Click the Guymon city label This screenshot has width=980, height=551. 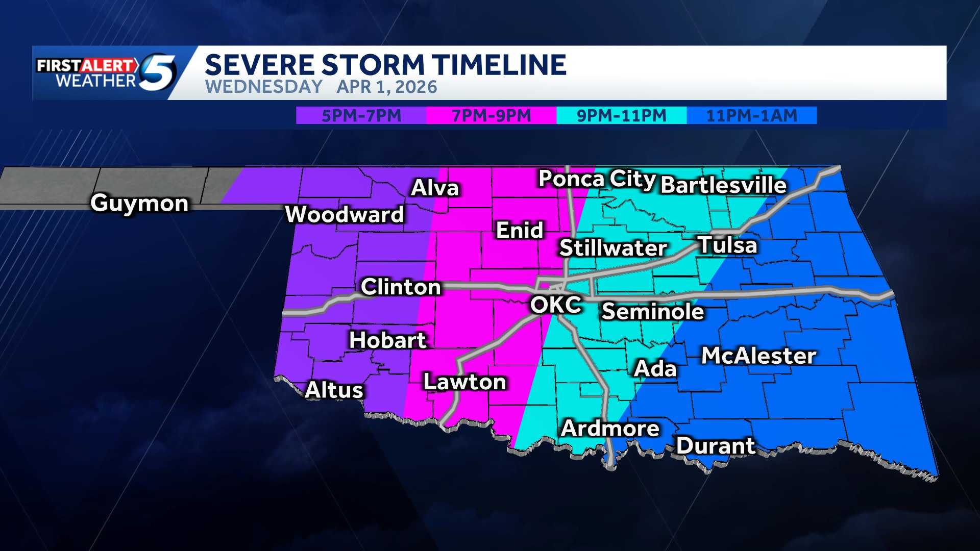pos(139,204)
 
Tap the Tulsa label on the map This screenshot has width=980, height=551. pos(727,245)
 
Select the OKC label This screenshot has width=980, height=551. pos(555,305)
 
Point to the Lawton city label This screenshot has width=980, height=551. pos(464,382)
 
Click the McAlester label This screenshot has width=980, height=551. pos(758,356)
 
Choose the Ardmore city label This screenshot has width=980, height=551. pos(610,429)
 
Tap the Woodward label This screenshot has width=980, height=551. pos(345,215)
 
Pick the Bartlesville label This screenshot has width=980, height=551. pos(723,185)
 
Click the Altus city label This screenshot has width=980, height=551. pos(334,390)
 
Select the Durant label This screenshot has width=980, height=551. pos(716,446)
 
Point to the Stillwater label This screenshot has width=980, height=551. pos(613,248)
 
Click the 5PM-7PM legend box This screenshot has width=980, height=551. pos(361,115)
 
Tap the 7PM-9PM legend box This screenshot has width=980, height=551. pos(491,115)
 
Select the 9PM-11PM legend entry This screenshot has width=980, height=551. pos(621,115)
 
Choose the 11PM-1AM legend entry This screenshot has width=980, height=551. pos(751,115)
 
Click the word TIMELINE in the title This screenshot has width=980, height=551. pos(499,65)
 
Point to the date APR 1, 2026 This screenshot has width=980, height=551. pos(387,87)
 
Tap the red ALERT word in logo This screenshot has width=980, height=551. pos(108,65)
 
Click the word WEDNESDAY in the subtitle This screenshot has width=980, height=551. pos(263,87)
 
